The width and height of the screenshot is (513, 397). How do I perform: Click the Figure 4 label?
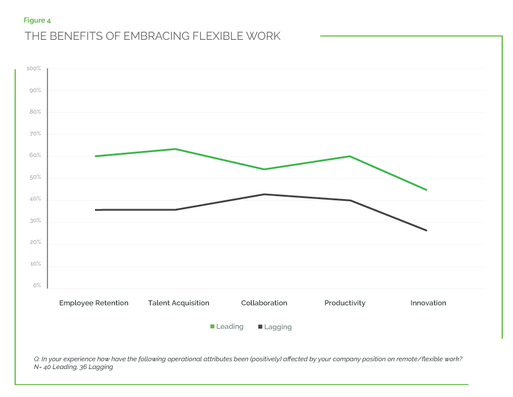pos(37,21)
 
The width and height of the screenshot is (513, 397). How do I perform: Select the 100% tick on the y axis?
pos(34,69)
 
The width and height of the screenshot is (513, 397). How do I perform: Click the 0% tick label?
pos(37,285)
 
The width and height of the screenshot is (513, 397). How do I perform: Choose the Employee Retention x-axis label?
pos(94,303)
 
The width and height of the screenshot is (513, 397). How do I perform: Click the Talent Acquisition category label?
pos(179,303)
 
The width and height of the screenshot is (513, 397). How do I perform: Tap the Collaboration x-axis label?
pos(264,303)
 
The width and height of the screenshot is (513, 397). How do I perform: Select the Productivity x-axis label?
pos(345,303)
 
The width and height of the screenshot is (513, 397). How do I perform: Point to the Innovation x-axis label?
pos(428,303)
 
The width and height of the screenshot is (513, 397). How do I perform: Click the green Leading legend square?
pos(212,327)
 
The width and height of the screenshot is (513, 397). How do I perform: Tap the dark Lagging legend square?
pos(260,327)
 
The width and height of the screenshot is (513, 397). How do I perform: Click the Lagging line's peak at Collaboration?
pos(264,194)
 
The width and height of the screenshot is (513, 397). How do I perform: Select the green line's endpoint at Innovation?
pos(426,190)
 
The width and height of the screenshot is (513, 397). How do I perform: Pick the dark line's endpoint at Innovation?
pos(426,230)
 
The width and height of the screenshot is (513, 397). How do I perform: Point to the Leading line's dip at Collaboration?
pos(264,169)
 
